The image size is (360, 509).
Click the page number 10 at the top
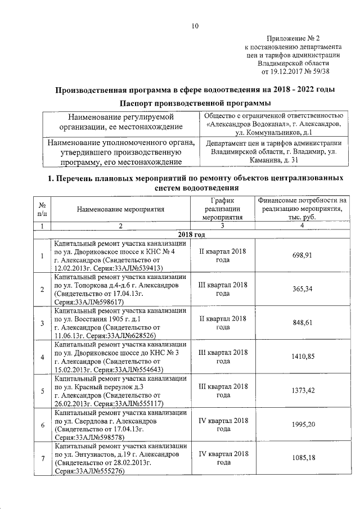(195, 26)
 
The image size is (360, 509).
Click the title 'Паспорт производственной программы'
(195, 103)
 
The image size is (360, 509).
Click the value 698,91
(301, 255)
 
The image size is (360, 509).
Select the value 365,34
(301, 289)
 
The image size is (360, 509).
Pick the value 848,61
(301, 323)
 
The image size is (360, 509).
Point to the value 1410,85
(301, 357)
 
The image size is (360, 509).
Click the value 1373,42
(301, 390)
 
